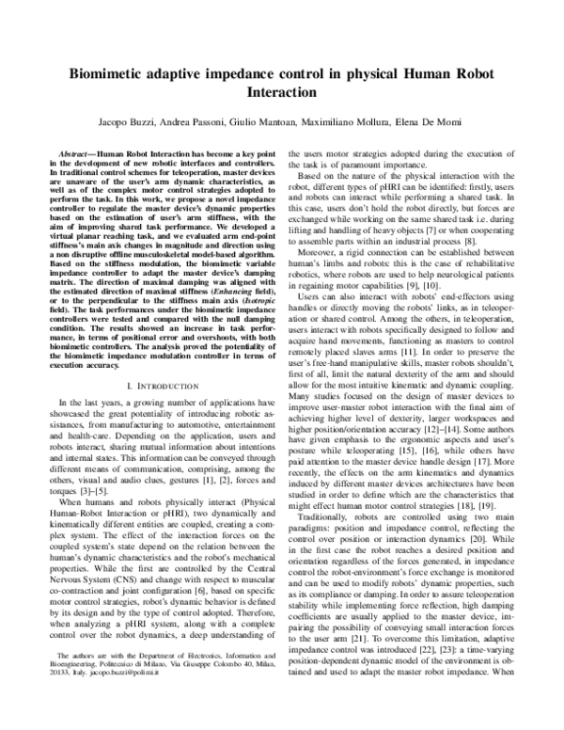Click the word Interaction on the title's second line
coord(282,94)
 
